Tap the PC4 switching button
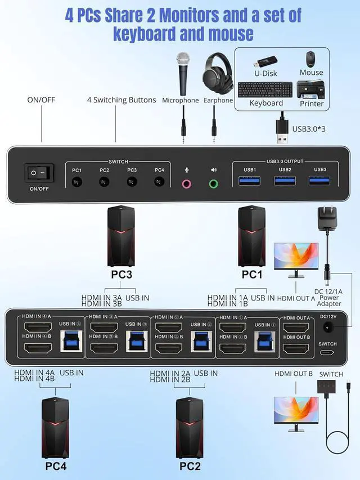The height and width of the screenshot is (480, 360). tap(159, 182)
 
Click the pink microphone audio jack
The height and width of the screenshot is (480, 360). tap(187, 183)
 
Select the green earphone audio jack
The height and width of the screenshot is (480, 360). tap(214, 183)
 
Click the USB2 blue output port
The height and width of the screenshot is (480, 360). tap(285, 181)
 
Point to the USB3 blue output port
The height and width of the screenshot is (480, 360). tap(320, 181)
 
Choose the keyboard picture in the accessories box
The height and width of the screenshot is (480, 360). tap(266, 90)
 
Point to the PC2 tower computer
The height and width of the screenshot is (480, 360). tap(189, 428)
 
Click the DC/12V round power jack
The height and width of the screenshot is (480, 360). tap(327, 330)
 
